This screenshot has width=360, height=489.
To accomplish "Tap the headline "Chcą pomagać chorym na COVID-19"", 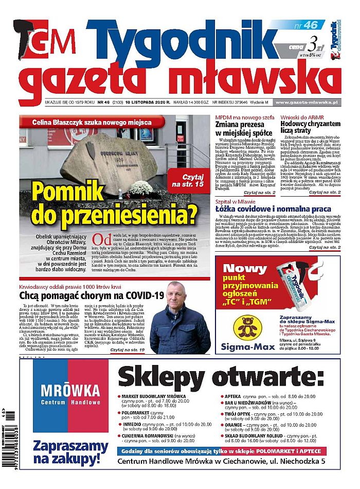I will pyautogui.click(x=92, y=295).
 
